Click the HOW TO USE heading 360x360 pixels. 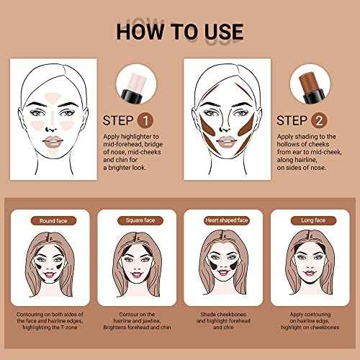pyautogui.click(x=179, y=32)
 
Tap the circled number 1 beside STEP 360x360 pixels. pyautogui.click(x=145, y=120)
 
